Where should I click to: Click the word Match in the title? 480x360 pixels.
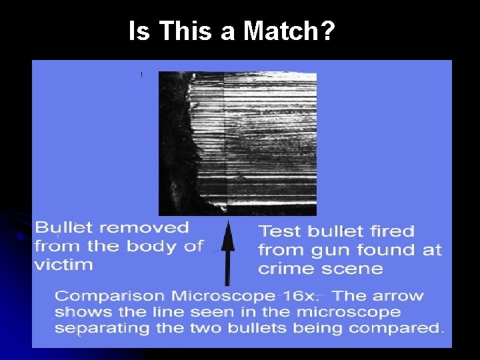click(289, 31)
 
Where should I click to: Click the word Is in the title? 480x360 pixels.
click(139, 31)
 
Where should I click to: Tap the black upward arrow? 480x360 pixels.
click(228, 253)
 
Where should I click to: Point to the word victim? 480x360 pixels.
click(64, 264)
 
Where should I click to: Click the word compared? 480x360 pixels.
click(397, 328)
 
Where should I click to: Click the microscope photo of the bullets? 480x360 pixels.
click(237, 143)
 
